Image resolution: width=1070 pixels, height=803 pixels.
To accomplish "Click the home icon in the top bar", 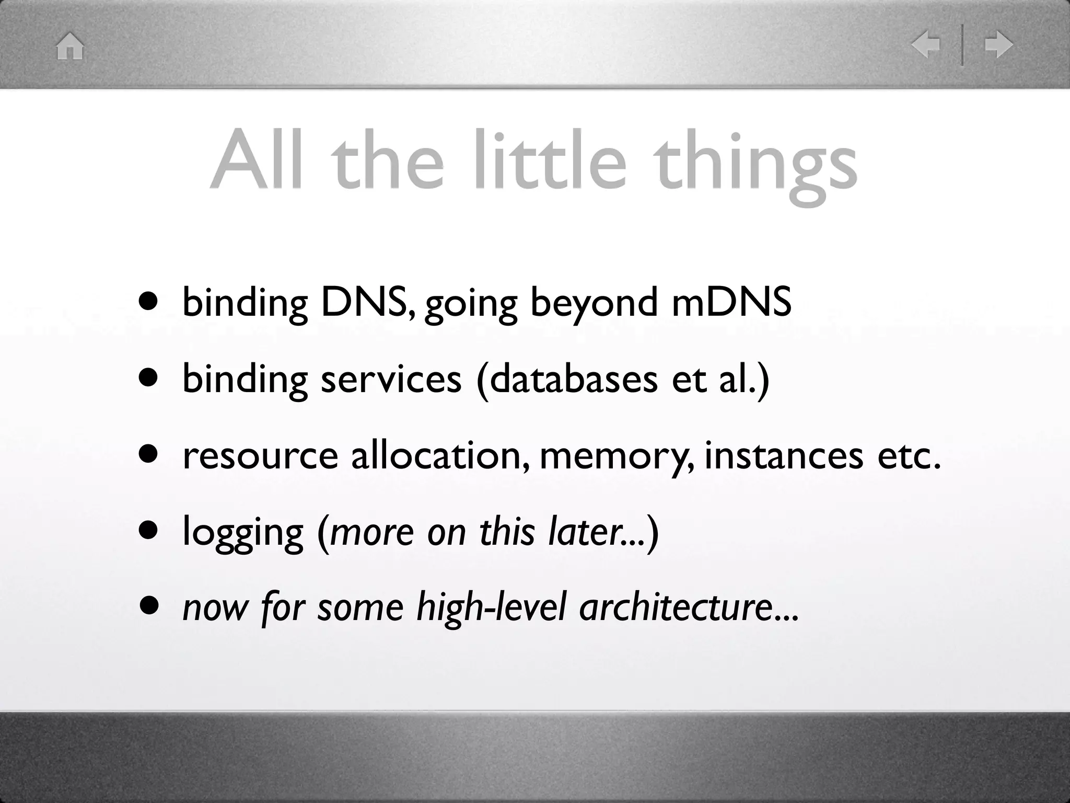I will click(x=70, y=46).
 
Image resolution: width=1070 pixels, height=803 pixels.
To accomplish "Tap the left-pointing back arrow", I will click(x=925, y=45).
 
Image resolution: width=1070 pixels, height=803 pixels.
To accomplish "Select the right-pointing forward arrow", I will click(x=998, y=45).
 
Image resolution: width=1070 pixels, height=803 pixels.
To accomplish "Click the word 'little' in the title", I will click(x=550, y=160).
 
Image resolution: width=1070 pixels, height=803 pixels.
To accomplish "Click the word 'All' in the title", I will click(x=256, y=160).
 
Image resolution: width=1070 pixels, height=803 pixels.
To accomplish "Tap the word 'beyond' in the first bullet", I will click(x=594, y=303).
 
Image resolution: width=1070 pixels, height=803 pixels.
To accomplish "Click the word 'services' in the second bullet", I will click(x=391, y=378).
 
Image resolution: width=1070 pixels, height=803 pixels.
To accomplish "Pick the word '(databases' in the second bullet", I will click(x=567, y=380).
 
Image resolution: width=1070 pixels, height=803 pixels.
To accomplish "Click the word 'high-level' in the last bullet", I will click(x=491, y=609).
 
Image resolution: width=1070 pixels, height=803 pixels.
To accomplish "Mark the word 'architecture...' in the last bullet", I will click(x=689, y=609).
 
